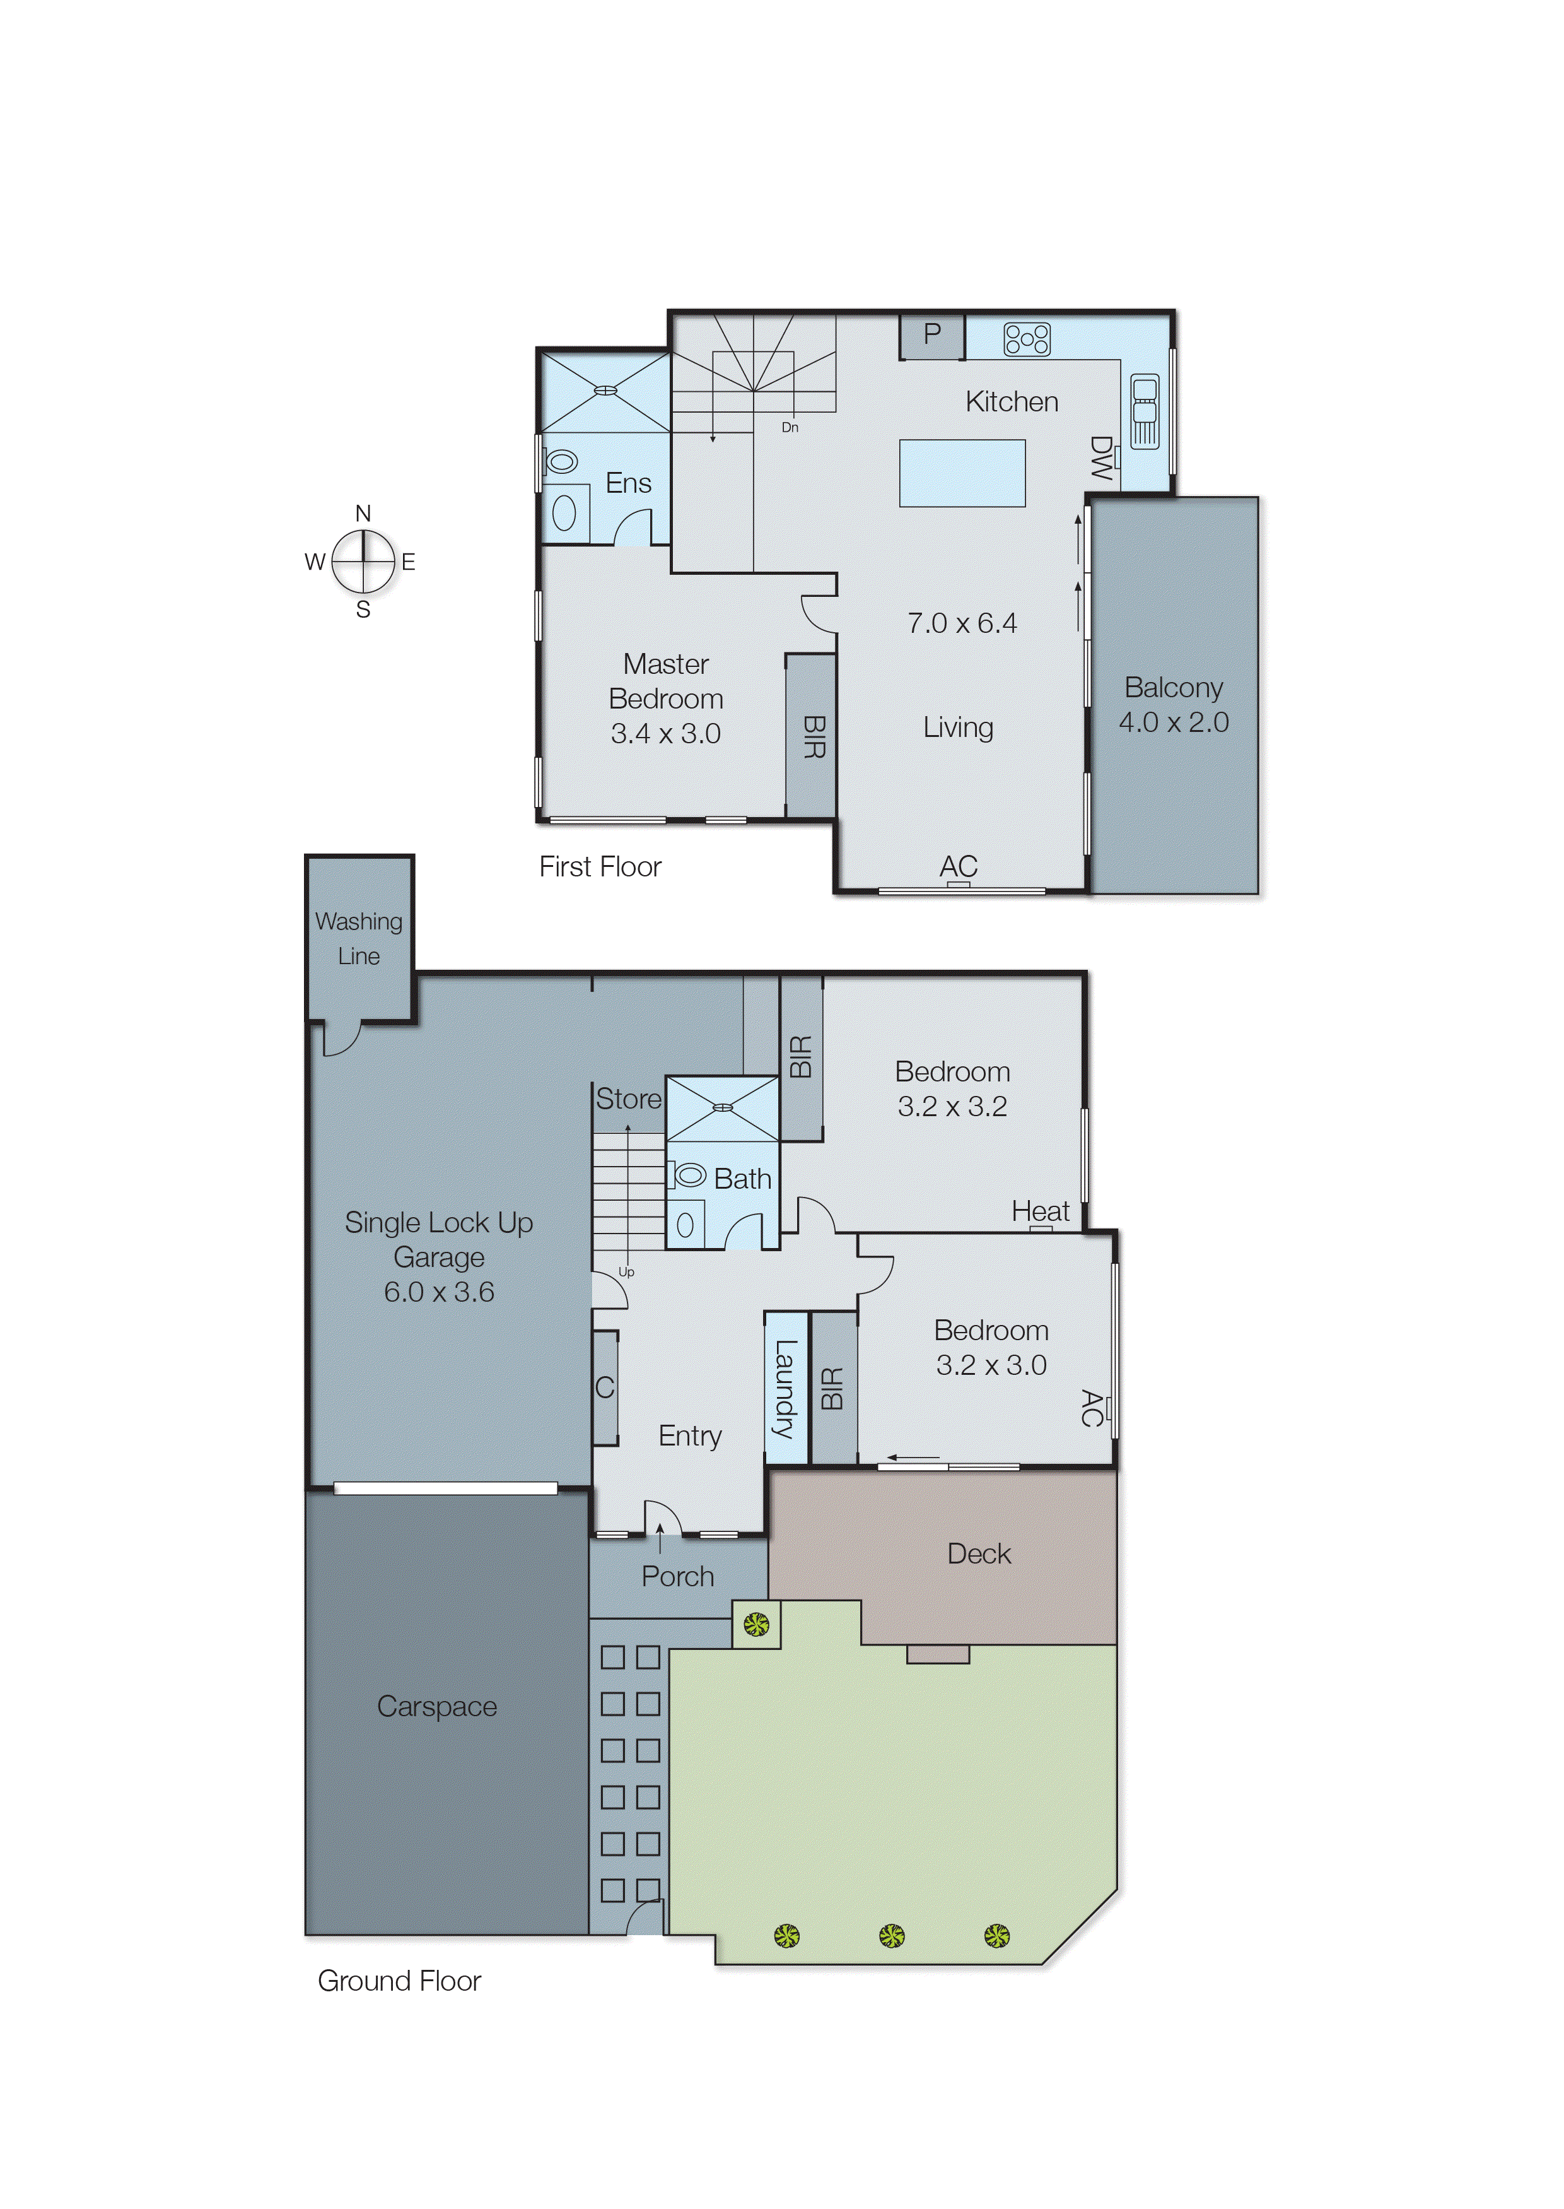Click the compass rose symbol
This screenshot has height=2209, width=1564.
click(363, 562)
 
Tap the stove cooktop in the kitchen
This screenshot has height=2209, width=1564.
click(1027, 339)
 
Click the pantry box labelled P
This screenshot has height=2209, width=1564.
click(931, 335)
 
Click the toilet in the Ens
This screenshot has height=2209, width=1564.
click(561, 461)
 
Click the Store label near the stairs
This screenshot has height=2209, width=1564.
click(628, 1099)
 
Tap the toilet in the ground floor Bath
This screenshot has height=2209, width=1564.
click(687, 1174)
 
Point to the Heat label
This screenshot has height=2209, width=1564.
click(1040, 1211)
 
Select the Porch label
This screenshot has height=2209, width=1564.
click(677, 1576)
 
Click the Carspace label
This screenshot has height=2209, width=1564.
click(436, 1706)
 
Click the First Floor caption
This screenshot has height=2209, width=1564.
click(600, 867)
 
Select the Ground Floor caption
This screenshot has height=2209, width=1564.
click(399, 1981)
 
